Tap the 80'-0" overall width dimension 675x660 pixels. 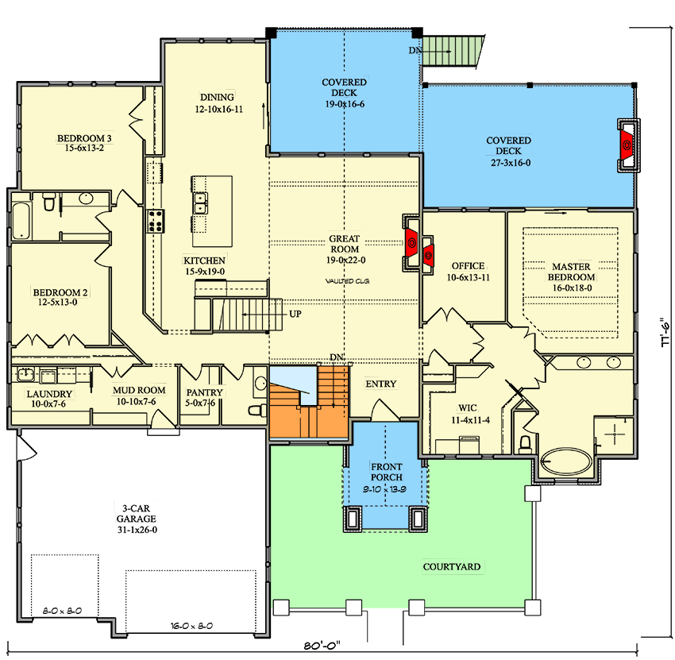(322, 644)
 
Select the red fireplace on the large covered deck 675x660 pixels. (626, 145)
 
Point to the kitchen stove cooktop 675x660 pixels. (154, 220)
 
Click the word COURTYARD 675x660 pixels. (451, 566)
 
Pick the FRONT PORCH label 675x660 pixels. (385, 472)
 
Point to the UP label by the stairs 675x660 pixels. (295, 314)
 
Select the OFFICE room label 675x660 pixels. (468, 271)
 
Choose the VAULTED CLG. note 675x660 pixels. (345, 281)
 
